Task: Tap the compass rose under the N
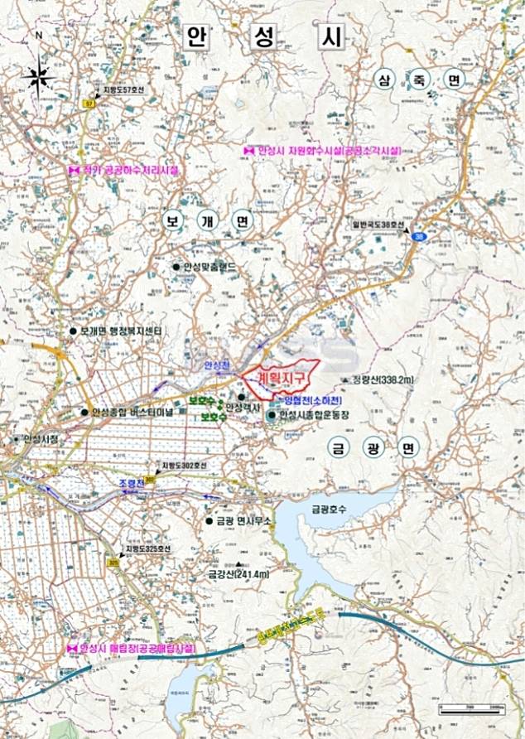(40, 79)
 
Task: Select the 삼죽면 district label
(419, 80)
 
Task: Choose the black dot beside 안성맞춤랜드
(176, 267)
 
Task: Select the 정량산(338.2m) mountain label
(383, 379)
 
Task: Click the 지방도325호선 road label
(148, 548)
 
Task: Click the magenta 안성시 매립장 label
(137, 649)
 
